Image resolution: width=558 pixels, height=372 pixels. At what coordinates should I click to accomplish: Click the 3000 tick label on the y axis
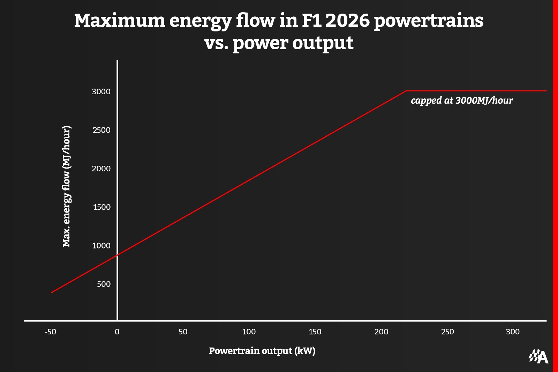point(101,91)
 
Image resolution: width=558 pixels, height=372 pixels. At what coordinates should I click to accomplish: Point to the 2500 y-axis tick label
point(101,130)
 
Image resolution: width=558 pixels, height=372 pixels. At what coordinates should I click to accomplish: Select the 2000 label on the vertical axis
point(101,169)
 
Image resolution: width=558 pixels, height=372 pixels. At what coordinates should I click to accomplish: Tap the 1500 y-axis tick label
point(101,207)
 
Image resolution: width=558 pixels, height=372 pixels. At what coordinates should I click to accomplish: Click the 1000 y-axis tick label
point(101,246)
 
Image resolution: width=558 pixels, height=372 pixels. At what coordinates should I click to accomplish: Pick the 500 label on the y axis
point(104,284)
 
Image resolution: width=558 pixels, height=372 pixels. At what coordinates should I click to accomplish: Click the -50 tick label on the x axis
point(51,332)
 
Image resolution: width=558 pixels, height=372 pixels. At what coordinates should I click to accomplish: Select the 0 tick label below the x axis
point(117,332)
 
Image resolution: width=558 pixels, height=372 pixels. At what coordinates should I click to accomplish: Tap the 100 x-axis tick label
point(249,332)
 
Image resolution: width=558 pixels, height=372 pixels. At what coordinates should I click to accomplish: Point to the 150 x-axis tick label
point(315,332)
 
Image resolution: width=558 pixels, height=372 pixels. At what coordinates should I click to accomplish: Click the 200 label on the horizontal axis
point(381,332)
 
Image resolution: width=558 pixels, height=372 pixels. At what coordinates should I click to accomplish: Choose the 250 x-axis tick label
point(447,332)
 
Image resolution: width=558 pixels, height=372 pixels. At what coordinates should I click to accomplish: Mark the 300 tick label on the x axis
point(513,332)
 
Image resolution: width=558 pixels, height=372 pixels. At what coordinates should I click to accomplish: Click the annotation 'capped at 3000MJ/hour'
point(462,101)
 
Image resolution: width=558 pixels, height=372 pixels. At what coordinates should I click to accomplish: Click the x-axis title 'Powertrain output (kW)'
point(262,351)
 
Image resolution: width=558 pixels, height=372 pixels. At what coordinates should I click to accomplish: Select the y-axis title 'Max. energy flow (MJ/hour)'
point(66,186)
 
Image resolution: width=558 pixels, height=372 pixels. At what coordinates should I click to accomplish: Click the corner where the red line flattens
point(406,91)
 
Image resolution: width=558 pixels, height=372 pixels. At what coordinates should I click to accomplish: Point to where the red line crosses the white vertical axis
point(118,255)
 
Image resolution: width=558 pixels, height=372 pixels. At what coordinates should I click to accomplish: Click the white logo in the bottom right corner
point(538,357)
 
